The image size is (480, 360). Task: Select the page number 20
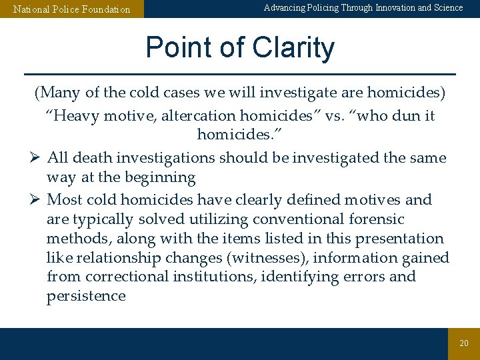[x=464, y=343]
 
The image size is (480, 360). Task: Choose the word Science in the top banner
[x=448, y=8]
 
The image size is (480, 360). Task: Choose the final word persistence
[x=86, y=296]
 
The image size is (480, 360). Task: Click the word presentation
[x=400, y=239]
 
